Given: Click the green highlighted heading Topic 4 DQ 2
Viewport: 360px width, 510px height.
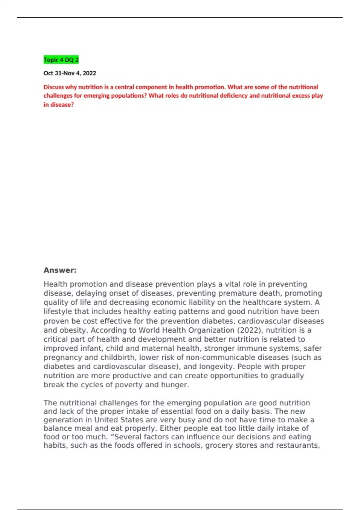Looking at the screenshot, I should pyautogui.click(x=61, y=60).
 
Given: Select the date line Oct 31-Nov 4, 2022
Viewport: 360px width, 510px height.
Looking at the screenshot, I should pyautogui.click(x=70, y=73).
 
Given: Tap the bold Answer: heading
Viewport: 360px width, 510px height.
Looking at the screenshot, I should pyautogui.click(x=60, y=270).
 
